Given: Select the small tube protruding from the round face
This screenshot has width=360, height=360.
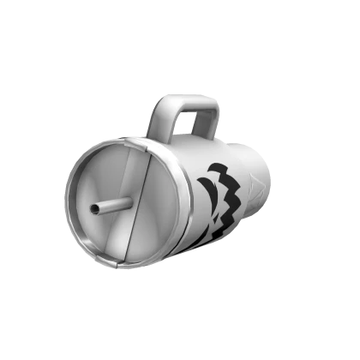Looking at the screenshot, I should tap(110, 206).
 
